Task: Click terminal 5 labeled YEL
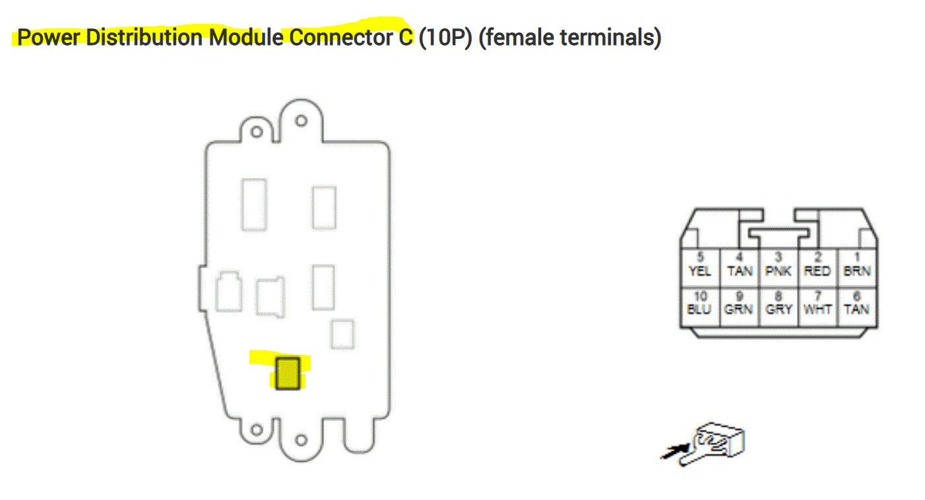[699, 266]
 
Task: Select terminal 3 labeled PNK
[779, 266]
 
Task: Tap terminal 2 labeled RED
[817, 266]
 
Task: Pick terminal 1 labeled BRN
[856, 266]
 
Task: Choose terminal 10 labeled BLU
[699, 305]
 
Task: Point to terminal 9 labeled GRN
[738, 305]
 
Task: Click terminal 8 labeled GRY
[779, 305]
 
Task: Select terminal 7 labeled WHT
[817, 305]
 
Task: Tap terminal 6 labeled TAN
[856, 305]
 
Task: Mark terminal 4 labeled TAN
[739, 266]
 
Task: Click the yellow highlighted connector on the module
[287, 373]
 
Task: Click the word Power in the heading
[48, 38]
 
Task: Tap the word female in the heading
[515, 38]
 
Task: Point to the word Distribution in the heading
[146, 38]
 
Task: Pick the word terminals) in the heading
[610, 38]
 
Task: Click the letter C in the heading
[405, 38]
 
